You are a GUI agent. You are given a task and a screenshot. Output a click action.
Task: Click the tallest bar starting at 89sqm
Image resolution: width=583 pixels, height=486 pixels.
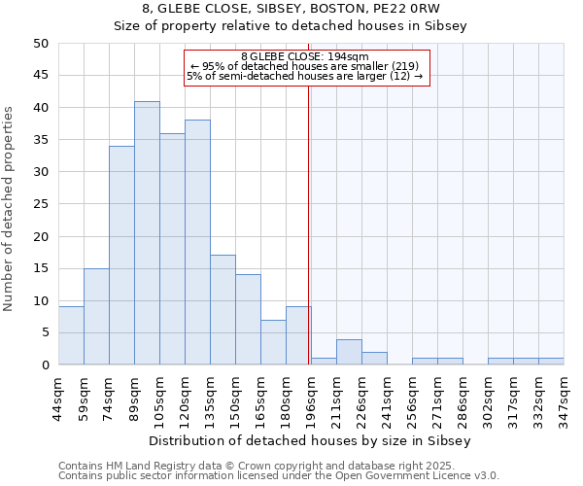(x=147, y=233)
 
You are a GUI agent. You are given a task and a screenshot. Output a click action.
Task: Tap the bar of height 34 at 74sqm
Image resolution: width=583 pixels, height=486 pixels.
(x=121, y=256)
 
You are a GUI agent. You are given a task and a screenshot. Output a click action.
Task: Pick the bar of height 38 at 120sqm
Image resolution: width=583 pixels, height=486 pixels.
(x=197, y=243)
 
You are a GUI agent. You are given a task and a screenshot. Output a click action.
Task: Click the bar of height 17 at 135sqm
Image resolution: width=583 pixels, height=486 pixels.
(x=223, y=310)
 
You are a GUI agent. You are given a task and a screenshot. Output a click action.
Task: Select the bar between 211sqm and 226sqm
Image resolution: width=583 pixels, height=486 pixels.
(x=349, y=352)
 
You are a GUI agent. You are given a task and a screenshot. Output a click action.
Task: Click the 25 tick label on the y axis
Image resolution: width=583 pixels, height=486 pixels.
(x=41, y=204)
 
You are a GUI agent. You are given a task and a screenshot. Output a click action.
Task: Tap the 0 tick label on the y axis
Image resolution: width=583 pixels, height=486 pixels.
(x=45, y=364)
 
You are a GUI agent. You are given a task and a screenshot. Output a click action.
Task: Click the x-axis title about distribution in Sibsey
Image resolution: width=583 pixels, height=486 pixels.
(x=311, y=440)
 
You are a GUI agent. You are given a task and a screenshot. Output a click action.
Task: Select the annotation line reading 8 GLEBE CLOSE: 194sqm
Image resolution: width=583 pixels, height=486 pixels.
(x=305, y=56)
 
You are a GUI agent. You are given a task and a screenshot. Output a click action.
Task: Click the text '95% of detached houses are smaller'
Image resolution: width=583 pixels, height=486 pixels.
(x=305, y=66)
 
